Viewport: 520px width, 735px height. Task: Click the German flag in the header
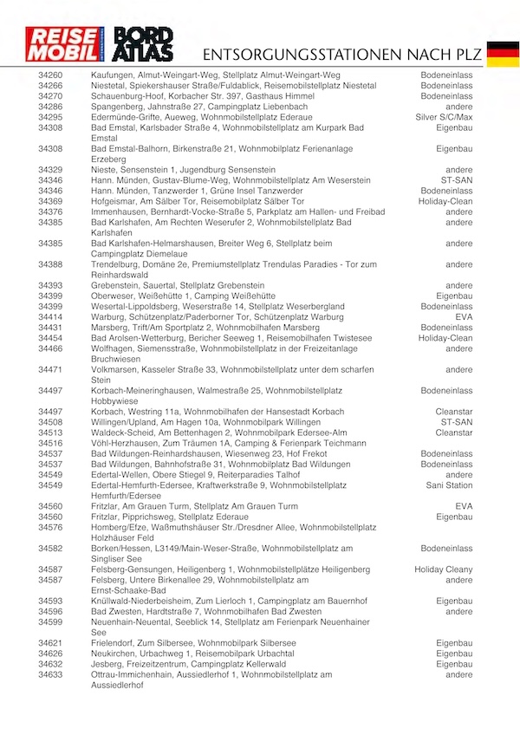tap(503, 53)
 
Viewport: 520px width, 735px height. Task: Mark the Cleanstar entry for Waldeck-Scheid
tap(454, 433)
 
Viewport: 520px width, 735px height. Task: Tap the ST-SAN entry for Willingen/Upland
tap(457, 422)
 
